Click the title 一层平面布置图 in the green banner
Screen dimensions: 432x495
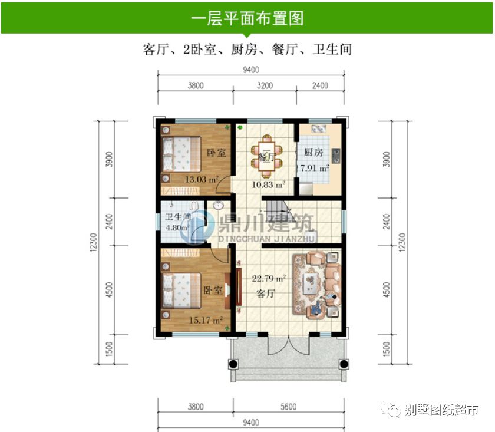point(247,18)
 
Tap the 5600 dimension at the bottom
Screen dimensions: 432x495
point(288,406)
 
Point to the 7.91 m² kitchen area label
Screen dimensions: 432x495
point(314,168)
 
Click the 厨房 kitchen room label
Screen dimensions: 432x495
point(313,153)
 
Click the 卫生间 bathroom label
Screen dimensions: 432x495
point(177,216)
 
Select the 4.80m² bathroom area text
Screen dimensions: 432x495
point(176,227)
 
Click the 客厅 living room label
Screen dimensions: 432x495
point(266,294)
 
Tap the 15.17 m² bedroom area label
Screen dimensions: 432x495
point(206,321)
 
